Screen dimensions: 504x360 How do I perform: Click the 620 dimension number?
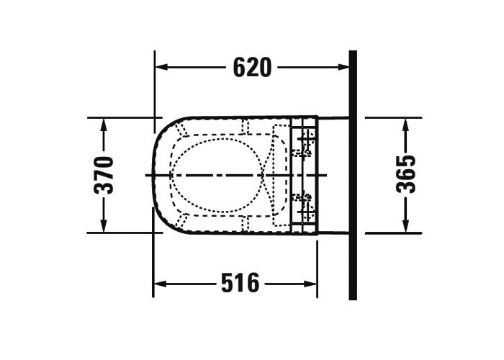(252, 67)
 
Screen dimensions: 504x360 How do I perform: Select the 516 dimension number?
(240, 283)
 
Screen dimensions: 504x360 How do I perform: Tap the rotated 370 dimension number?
(104, 174)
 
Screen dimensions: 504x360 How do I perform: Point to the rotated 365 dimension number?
(405, 174)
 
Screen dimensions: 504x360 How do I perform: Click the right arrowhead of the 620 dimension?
(343, 67)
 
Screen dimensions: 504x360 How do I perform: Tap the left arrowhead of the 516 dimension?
(160, 284)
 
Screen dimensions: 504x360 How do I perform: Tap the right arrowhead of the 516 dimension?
(310, 284)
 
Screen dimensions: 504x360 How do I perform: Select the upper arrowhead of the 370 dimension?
(104, 125)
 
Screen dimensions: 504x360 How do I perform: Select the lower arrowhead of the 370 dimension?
(104, 225)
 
